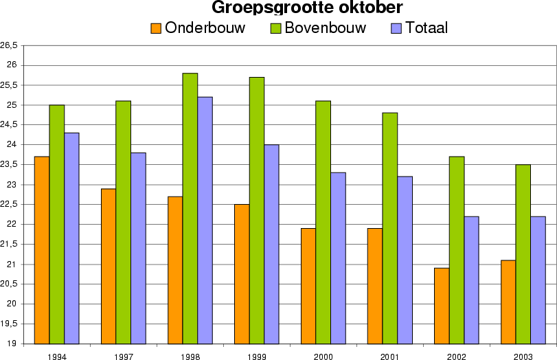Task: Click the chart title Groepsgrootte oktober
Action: pos(306,8)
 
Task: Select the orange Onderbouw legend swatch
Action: pos(156,28)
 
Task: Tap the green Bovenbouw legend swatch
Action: pos(275,28)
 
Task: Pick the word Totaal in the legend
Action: pos(427,28)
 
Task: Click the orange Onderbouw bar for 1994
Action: pos(42,250)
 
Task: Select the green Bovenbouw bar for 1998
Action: pos(190,208)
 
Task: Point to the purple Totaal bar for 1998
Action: pos(205,220)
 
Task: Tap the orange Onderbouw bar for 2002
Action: pos(442,306)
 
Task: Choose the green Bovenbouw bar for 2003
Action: pos(523,254)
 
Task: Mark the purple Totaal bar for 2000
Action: pos(338,258)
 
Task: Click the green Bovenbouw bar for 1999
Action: pos(257,210)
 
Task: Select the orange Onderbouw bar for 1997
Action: pos(109,266)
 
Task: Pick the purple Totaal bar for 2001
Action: pos(405,260)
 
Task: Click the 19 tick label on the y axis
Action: pos(13,344)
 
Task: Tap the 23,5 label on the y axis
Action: pos(9,165)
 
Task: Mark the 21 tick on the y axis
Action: pos(13,265)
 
